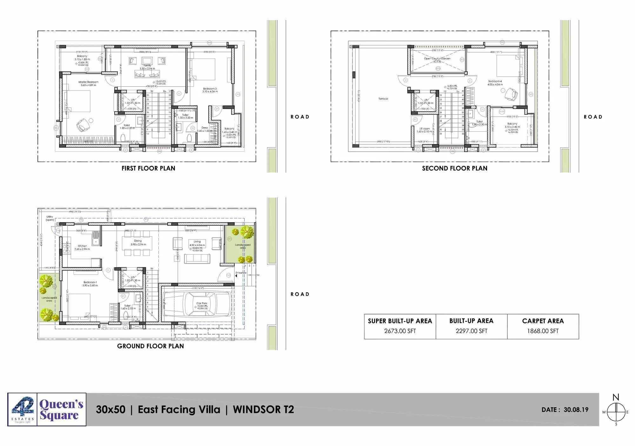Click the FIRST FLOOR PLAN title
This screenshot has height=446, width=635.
coord(148,168)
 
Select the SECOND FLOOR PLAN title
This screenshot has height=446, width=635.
coord(454,168)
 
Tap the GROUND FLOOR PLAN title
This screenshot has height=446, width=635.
coord(150,346)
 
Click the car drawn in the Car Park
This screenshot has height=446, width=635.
coord(197,304)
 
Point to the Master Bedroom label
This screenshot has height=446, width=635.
coord(88,82)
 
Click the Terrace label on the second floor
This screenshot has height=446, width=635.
coord(383,99)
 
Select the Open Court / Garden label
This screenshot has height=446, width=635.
coord(437,59)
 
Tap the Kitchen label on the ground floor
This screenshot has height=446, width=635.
coord(82,246)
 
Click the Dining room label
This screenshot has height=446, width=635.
coord(138,241)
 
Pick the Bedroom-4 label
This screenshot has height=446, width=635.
coord(495,82)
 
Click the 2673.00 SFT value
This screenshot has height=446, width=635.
coord(400,331)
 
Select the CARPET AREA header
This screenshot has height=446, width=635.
coord(543,321)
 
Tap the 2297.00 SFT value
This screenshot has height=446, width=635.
coord(471,331)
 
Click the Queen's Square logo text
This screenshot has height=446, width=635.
coord(61,409)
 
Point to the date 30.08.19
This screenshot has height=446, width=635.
coord(576,409)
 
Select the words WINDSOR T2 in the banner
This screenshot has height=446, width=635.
coord(263,409)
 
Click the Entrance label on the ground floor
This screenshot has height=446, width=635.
coord(241,273)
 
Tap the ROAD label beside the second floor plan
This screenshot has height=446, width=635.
coord(593,117)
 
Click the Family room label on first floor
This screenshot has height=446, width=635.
coord(147,66)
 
